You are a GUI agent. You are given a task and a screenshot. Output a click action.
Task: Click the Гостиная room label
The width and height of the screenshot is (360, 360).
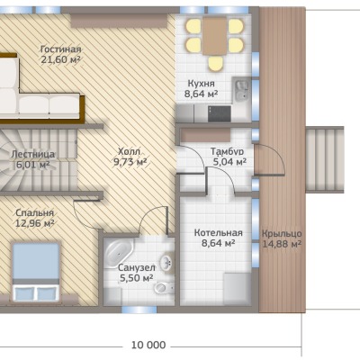click(x=61, y=49)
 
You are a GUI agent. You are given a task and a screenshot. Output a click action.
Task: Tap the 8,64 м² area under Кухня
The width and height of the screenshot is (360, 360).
click(x=201, y=94)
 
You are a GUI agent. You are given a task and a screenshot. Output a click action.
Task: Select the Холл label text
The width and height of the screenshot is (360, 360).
click(x=130, y=151)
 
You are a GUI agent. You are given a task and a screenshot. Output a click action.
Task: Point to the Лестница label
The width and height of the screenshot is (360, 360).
click(x=33, y=155)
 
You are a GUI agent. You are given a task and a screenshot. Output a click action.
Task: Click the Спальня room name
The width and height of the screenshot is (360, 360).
click(x=34, y=213)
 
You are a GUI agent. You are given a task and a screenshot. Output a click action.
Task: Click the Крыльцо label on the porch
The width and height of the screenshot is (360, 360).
click(x=282, y=234)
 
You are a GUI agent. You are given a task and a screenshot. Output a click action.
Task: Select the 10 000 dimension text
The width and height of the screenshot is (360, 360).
click(x=148, y=345)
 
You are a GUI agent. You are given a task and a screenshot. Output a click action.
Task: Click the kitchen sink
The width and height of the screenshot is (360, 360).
click(x=241, y=90)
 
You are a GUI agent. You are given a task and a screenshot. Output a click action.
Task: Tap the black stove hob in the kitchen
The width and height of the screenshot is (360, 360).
click(x=220, y=113)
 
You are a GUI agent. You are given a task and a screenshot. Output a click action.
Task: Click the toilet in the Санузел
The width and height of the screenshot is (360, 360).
click(x=164, y=288)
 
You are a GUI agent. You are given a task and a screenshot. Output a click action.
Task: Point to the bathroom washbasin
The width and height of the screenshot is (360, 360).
click(x=166, y=263)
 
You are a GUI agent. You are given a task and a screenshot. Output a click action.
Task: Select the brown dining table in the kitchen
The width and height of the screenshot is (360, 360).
click(x=214, y=36)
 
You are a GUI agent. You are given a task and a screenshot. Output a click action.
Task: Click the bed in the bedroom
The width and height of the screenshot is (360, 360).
click(x=36, y=272)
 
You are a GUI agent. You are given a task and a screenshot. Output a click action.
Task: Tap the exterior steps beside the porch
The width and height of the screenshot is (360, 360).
click(x=325, y=160)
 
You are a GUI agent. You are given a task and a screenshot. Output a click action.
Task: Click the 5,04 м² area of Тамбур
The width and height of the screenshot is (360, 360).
click(x=229, y=162)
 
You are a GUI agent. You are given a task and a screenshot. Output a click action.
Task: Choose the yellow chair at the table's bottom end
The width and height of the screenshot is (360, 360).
click(x=215, y=64)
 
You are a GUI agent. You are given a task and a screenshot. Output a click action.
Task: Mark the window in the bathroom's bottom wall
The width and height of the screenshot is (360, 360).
click(x=139, y=310)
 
